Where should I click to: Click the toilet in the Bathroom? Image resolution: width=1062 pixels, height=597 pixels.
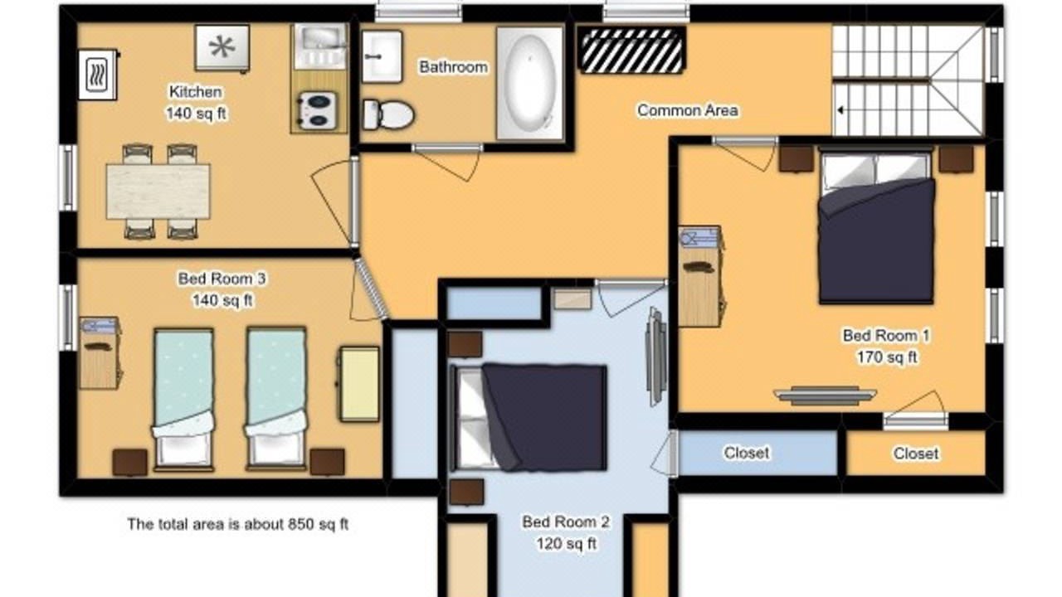click(x=388, y=114)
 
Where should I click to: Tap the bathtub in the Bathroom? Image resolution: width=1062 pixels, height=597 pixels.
click(x=530, y=84)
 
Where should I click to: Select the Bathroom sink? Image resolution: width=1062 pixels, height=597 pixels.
click(x=382, y=57)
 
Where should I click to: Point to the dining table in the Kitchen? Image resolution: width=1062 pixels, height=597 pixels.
click(x=158, y=192)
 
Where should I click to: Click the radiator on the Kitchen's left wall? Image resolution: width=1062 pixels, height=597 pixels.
click(x=98, y=75)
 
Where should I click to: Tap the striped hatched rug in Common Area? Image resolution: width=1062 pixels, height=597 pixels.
click(x=631, y=51)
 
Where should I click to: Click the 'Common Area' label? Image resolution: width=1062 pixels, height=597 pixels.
click(x=688, y=110)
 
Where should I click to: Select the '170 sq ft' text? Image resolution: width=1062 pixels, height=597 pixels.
click(x=887, y=357)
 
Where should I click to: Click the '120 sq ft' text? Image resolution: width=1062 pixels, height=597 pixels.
click(x=566, y=543)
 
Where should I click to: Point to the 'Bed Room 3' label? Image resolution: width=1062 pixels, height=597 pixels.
click(x=222, y=279)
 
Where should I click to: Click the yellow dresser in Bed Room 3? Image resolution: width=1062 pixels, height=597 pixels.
click(x=360, y=384)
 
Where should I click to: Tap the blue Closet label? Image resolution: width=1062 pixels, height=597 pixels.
click(x=746, y=453)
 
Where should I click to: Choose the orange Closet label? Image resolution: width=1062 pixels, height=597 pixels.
click(x=916, y=454)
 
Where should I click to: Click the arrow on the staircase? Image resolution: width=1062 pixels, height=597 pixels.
click(x=840, y=110)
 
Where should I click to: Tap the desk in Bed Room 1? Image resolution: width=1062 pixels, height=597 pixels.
click(x=700, y=276)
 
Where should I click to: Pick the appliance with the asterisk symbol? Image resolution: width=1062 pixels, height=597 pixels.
click(x=222, y=48)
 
